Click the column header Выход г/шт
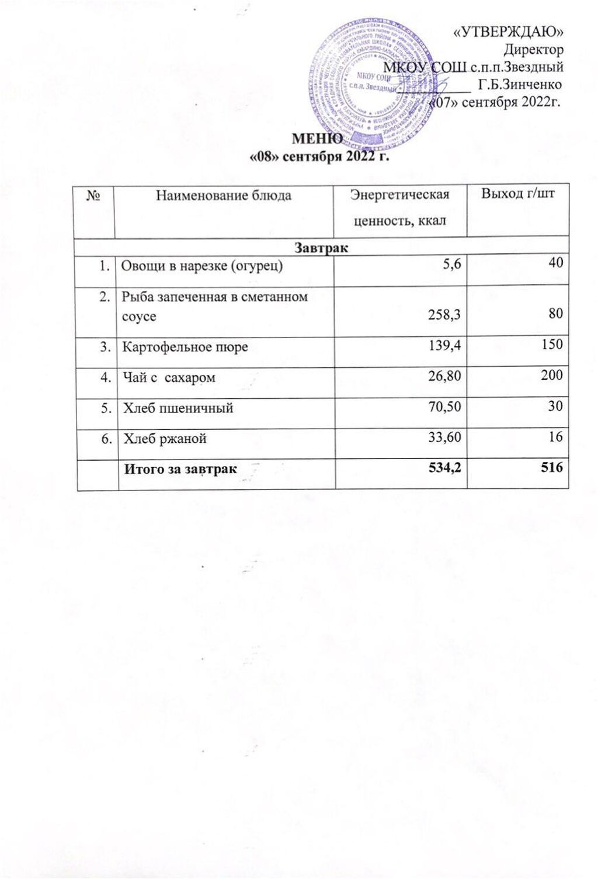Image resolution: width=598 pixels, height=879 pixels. coord(517,194)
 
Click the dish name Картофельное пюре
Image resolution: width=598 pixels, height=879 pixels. coord(185,347)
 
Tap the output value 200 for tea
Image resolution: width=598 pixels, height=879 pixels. coord(551,374)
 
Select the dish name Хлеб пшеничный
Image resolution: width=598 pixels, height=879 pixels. coord(178,408)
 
